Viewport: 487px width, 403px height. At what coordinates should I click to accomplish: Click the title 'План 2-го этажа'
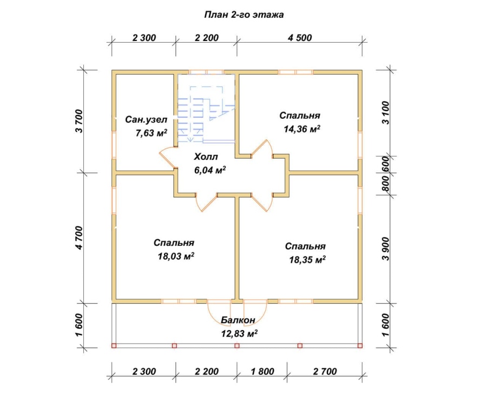[x=244, y=15]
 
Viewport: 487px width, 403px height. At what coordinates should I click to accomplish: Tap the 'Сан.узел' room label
[x=146, y=119]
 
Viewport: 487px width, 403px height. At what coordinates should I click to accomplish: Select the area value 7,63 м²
[x=152, y=133]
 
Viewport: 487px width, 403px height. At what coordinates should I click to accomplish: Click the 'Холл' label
[x=206, y=157]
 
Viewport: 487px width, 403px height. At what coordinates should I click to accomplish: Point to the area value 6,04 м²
[x=209, y=170]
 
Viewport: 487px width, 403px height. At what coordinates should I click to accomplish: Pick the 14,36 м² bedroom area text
[x=302, y=129]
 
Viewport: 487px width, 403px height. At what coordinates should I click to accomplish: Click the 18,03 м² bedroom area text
[x=176, y=256]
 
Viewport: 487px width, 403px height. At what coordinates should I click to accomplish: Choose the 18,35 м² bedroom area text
[x=307, y=259]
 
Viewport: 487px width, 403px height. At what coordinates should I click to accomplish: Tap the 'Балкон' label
[x=238, y=320]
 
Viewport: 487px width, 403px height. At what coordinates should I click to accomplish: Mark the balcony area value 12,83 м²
[x=239, y=333]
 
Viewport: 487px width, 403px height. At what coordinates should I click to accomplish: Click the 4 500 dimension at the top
[x=300, y=37]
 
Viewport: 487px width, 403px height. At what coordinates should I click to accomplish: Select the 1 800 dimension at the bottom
[x=262, y=371]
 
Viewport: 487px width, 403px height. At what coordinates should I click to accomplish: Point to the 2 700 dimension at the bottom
[x=325, y=371]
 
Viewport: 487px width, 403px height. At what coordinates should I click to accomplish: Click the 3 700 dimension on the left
[x=80, y=121]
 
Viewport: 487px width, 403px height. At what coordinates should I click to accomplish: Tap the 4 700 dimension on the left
[x=80, y=238]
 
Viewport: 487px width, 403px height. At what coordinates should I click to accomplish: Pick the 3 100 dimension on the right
[x=385, y=112]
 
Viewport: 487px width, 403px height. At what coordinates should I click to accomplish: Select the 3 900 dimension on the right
[x=385, y=249]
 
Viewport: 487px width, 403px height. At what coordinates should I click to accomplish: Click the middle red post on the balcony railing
[x=237, y=346]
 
